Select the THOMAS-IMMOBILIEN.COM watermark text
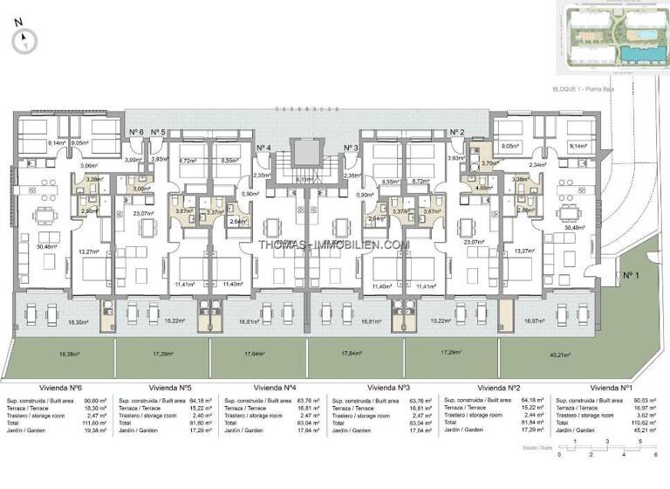[x=334, y=245]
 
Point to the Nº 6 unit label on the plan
[x=136, y=132]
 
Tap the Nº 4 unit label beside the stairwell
[x=263, y=148]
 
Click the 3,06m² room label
[x=88, y=164]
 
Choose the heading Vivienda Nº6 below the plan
[x=60, y=388]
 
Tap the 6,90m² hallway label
[x=251, y=193]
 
